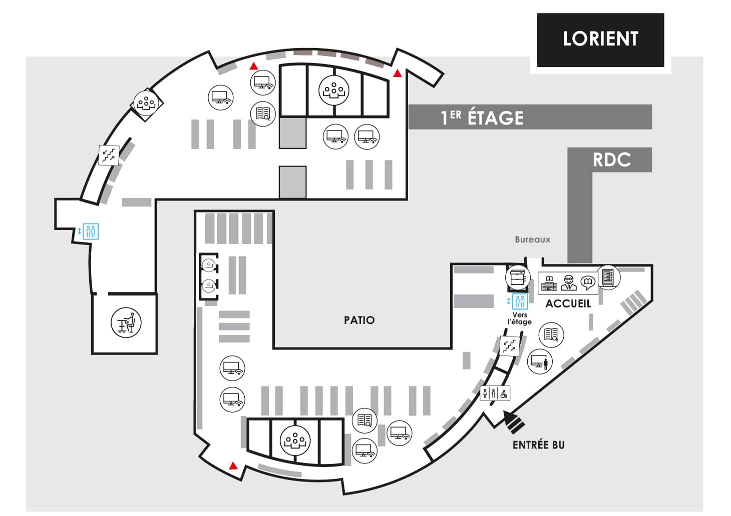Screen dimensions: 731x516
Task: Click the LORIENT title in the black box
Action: pyautogui.click(x=600, y=39)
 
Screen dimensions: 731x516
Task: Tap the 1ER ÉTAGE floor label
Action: pyautogui.click(x=482, y=117)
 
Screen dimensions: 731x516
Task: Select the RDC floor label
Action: pyautogui.click(x=611, y=159)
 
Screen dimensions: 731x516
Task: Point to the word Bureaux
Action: pyautogui.click(x=532, y=239)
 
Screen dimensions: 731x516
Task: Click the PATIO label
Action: pyautogui.click(x=359, y=320)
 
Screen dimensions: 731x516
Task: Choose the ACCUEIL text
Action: pyautogui.click(x=568, y=303)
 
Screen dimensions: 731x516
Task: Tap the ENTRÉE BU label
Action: pyautogui.click(x=538, y=445)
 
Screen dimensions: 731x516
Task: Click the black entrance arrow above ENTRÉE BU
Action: pyautogui.click(x=514, y=421)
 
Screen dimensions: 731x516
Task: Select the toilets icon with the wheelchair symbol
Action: pyautogui.click(x=495, y=393)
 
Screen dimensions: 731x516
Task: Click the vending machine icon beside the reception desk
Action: pyautogui.click(x=608, y=277)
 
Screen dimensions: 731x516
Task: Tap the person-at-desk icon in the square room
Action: pyautogui.click(x=126, y=322)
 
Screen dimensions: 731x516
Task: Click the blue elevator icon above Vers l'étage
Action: pyautogui.click(x=520, y=301)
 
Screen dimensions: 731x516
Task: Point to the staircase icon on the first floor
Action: pyautogui.click(x=109, y=155)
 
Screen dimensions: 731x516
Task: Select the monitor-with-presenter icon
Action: pyautogui.click(x=540, y=361)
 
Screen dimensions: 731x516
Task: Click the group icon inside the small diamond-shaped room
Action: pyautogui.click(x=146, y=103)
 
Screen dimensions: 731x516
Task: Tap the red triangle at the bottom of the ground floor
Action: pyautogui.click(x=233, y=466)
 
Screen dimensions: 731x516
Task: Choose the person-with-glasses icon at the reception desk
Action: pyautogui.click(x=568, y=282)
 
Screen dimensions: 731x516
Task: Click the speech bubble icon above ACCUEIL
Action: pyautogui.click(x=588, y=283)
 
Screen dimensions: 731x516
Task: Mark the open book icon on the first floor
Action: pyautogui.click(x=263, y=114)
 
